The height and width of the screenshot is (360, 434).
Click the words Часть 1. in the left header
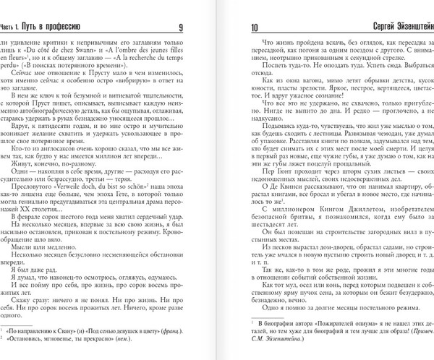pos(18,28)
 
